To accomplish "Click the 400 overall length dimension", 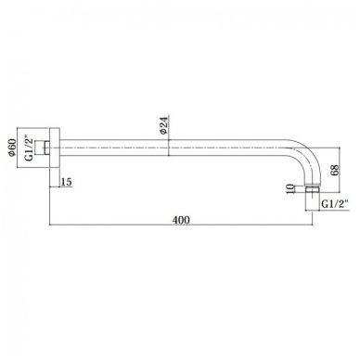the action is tap(181, 220).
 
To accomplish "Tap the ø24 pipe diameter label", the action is tap(164, 125).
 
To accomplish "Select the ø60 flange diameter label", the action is tap(12, 148).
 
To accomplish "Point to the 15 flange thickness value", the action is tap(66, 182).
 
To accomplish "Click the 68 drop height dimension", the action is tap(335, 170).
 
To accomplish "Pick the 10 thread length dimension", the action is tap(290, 188).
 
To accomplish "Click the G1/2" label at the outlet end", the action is tap(335, 204).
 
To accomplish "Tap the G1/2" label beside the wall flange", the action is tap(29, 148).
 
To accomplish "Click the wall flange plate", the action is tap(55, 148).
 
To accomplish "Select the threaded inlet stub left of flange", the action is tap(42, 148).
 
